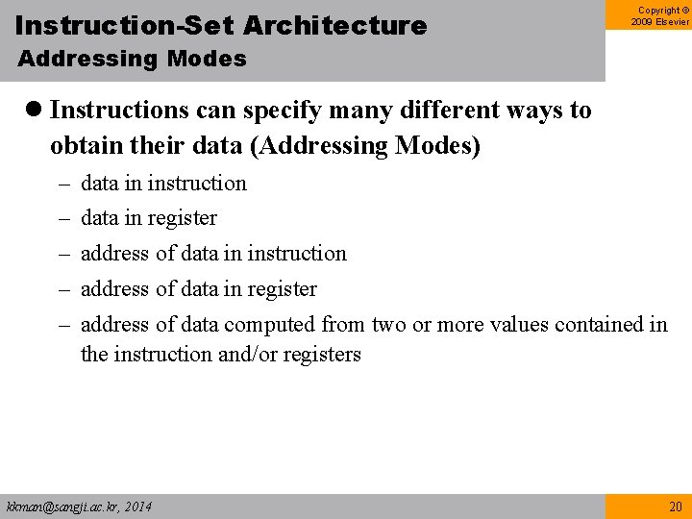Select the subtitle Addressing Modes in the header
coord(132,60)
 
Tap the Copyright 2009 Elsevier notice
coord(660,16)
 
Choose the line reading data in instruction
coord(163,183)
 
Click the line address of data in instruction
coord(213,254)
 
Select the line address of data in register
coord(198,289)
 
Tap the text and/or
coord(252,355)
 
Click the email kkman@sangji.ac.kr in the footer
coord(62,507)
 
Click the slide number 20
coord(674,507)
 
